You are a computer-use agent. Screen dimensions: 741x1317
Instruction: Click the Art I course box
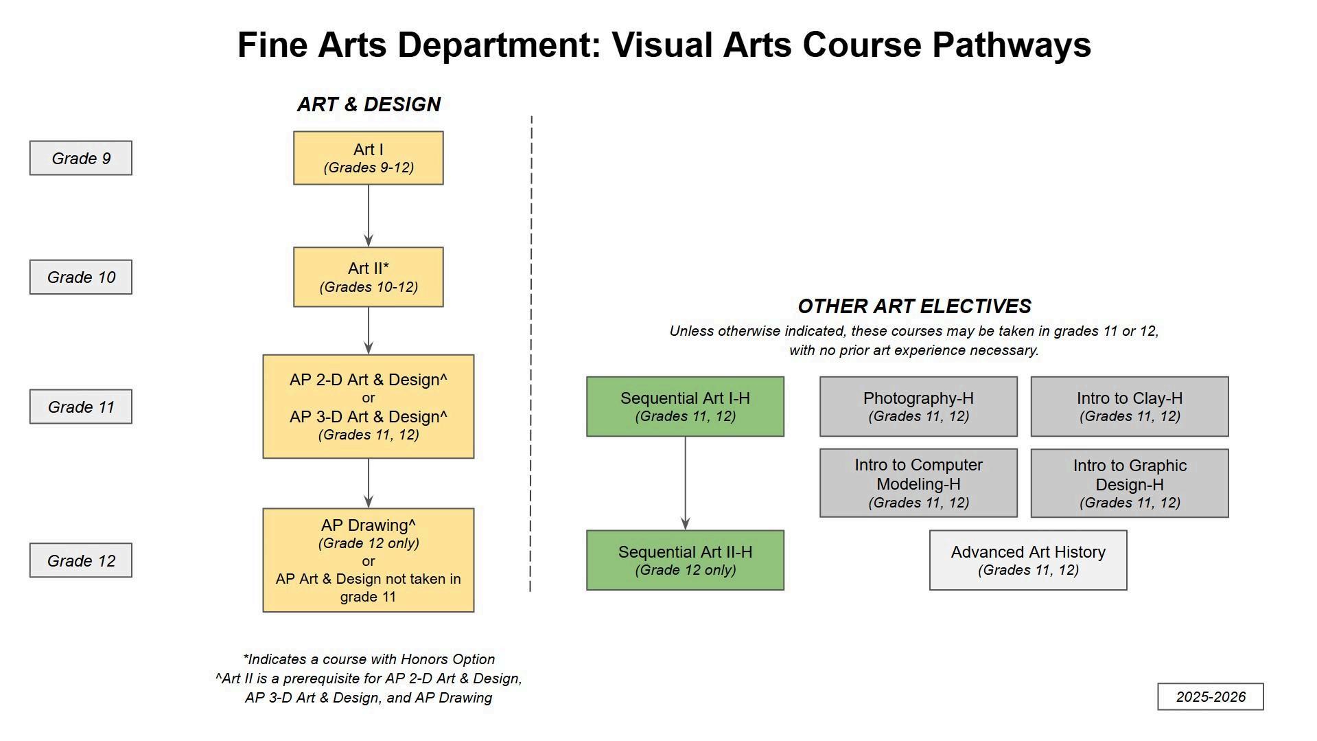click(368, 158)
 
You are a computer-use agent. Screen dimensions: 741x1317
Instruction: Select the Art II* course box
click(368, 277)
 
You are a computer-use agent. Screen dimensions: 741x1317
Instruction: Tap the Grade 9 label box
click(80, 158)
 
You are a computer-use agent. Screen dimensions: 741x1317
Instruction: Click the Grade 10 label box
click(80, 277)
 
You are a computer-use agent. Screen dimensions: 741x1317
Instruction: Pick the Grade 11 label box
click(80, 407)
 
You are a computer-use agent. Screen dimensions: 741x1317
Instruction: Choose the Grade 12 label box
click(80, 560)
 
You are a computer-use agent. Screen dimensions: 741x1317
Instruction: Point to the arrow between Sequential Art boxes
click(685, 483)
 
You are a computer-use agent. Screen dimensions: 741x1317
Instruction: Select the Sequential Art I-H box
click(685, 407)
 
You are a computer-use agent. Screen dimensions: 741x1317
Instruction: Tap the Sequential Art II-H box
click(685, 560)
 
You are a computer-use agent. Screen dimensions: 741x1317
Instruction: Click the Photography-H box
click(918, 407)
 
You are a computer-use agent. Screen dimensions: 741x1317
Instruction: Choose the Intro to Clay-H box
click(1129, 407)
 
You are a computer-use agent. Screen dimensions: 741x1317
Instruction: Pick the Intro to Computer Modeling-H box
click(918, 483)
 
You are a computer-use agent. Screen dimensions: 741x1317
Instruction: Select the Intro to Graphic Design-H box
click(1129, 483)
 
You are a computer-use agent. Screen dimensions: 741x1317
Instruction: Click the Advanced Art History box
click(1027, 560)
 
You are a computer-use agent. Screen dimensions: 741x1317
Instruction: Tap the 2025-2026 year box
click(1210, 696)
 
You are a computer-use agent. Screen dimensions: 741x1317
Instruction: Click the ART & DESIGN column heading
click(369, 104)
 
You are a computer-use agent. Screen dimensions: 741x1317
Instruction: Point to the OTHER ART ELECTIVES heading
click(914, 306)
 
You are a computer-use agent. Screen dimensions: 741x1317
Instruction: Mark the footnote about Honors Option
click(369, 659)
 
